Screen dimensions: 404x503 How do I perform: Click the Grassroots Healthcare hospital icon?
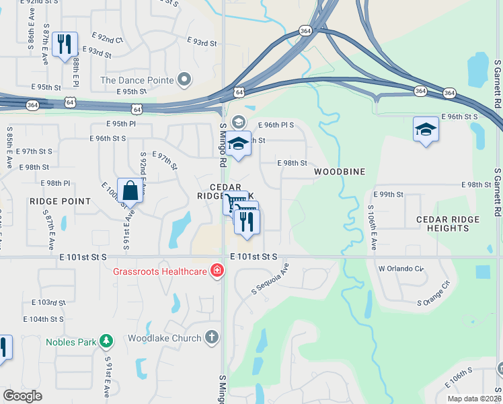click(x=217, y=271)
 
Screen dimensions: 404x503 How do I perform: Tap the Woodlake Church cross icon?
click(x=211, y=337)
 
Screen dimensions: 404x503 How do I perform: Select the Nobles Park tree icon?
click(x=106, y=341)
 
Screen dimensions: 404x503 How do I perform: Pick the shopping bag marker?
click(x=130, y=190)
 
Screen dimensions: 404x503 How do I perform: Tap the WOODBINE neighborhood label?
click(x=340, y=172)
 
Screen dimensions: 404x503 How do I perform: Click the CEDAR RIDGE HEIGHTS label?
click(x=448, y=224)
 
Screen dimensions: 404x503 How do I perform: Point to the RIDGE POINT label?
click(x=60, y=201)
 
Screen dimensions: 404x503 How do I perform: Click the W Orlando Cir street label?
click(x=401, y=268)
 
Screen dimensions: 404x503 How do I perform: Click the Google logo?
click(x=22, y=396)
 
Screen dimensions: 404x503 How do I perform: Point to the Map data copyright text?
click(x=475, y=399)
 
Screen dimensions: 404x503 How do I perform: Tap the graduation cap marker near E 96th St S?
click(x=426, y=129)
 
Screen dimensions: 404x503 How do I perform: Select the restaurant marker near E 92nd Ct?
click(x=65, y=44)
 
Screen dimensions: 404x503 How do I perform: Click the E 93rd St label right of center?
click(x=204, y=42)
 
